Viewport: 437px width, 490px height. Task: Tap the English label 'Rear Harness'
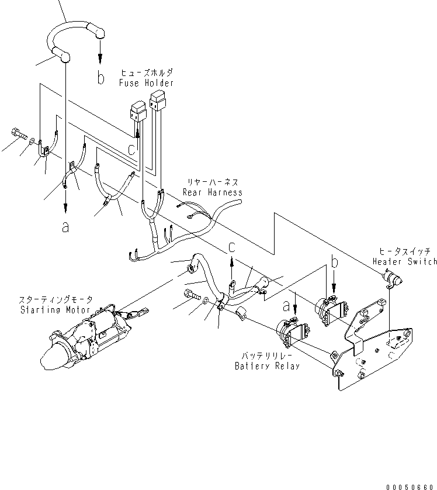tap(212, 192)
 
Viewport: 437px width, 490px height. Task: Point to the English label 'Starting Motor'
tap(54, 310)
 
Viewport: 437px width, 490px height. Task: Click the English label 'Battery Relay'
tap(267, 366)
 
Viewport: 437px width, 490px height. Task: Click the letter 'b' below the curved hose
tap(100, 78)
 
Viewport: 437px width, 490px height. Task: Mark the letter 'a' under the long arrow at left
tap(65, 227)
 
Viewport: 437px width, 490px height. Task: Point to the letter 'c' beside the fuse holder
tap(132, 150)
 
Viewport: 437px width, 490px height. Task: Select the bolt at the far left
tap(19, 135)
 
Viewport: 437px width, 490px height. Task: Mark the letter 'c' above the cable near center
tap(232, 248)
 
